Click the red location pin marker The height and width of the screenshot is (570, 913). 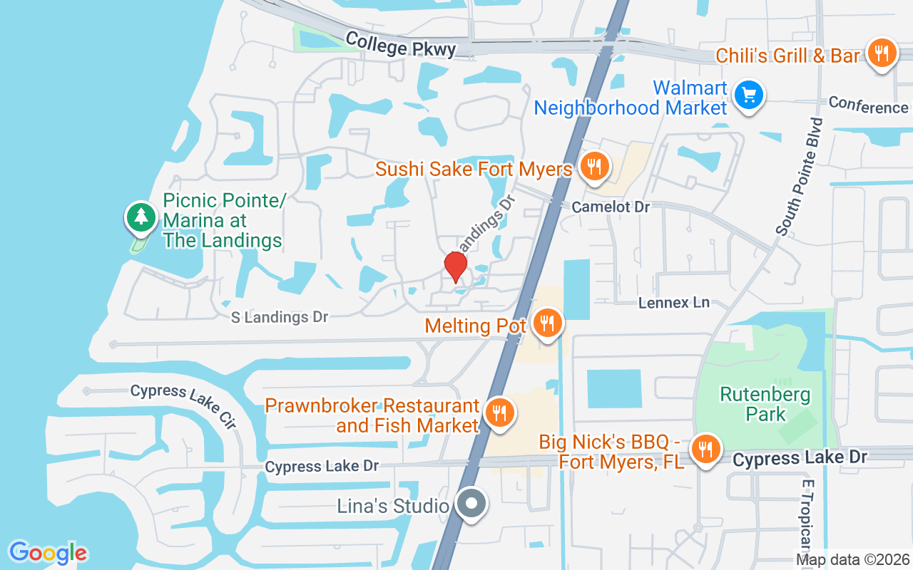(455, 266)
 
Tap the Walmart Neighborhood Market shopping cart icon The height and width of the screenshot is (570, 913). (748, 95)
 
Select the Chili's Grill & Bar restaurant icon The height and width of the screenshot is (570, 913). (882, 53)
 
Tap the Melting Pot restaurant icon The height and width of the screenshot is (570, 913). (547, 323)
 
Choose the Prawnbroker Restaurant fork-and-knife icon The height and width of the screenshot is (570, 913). (499, 413)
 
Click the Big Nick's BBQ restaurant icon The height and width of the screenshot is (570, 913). (705, 449)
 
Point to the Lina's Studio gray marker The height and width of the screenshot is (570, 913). (471, 504)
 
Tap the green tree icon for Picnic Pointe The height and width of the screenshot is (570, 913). (141, 217)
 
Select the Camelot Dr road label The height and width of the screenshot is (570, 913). (611, 207)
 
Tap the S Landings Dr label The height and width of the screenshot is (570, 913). (279, 317)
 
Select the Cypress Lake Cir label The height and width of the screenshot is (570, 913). (183, 406)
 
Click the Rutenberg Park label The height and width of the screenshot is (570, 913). (755, 404)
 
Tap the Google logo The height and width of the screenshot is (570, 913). (48, 552)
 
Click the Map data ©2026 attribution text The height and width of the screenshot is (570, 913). (853, 559)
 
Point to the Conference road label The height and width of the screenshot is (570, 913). (868, 106)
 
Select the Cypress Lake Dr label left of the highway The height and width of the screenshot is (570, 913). (322, 466)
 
